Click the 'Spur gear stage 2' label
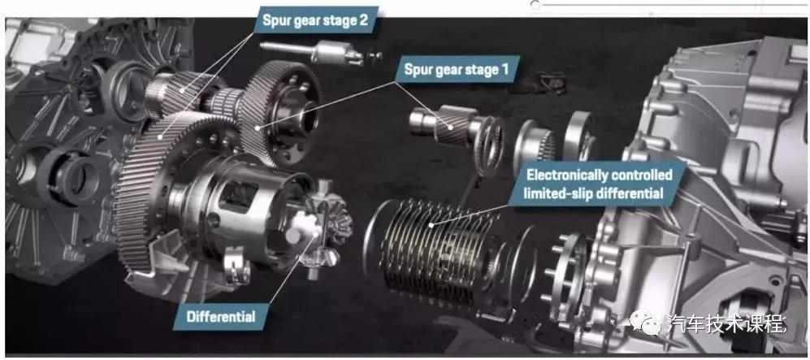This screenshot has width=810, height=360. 315,20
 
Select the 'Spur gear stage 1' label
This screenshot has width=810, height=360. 457,69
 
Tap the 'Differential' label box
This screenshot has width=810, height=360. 221,316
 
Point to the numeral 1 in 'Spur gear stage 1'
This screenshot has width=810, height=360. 505,69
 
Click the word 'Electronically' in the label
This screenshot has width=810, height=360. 567,175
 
